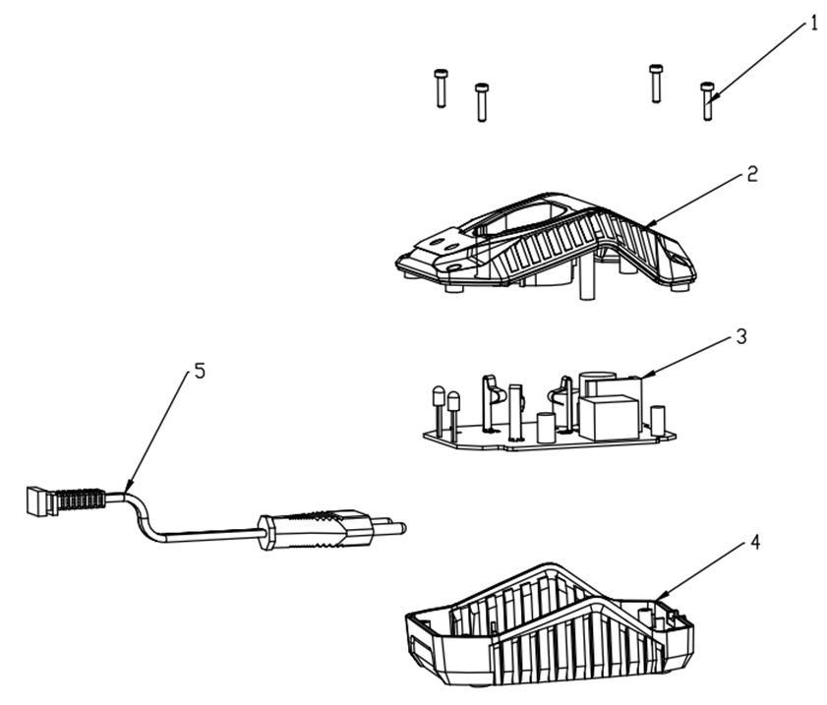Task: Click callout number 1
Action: coord(814,24)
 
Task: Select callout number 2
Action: coord(752,174)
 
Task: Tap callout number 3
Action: coord(741,336)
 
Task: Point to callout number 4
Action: coord(755,542)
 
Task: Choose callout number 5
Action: coord(200,372)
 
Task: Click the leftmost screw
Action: coord(441,88)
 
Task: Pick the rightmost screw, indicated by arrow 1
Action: coord(708,101)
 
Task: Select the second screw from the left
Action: coord(482,102)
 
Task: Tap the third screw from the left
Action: coord(656,84)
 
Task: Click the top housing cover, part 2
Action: coord(546,246)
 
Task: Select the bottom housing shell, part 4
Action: coord(550,624)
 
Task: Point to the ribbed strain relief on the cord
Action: coord(82,499)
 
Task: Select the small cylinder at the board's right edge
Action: coord(658,421)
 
